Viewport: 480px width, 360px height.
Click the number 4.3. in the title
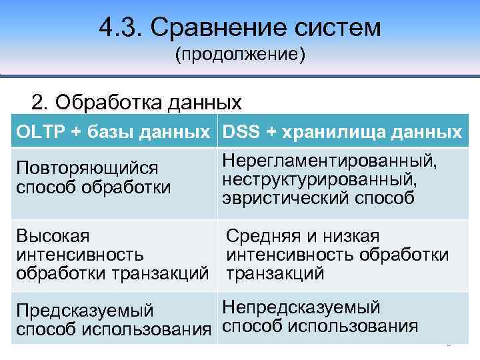click(x=119, y=28)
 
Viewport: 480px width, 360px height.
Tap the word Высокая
click(x=54, y=236)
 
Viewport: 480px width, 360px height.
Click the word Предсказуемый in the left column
click(x=85, y=311)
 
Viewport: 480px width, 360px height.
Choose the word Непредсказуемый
click(x=301, y=307)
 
